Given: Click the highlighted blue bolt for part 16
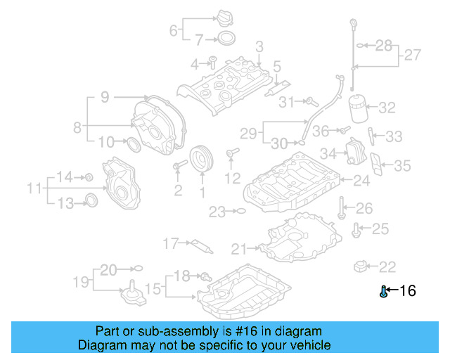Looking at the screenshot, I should click(383, 292).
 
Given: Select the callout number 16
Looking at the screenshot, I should click(408, 291).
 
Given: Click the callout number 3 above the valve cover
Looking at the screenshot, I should click(259, 47).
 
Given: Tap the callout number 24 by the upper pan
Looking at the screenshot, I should click(361, 181).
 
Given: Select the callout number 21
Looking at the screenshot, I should click(240, 248).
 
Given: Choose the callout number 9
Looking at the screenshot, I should click(104, 98).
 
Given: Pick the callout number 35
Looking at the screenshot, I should click(402, 166).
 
